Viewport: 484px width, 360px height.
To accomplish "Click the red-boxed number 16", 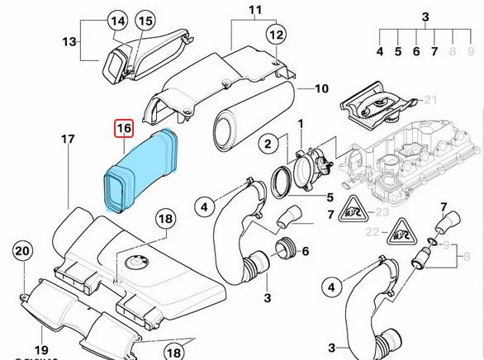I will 124,129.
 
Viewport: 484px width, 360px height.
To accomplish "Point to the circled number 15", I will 145,21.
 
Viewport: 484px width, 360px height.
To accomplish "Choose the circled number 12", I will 275,35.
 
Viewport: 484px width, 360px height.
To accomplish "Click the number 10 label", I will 321,88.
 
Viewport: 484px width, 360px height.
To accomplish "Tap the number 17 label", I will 69,140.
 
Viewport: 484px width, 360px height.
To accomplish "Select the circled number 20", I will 21,251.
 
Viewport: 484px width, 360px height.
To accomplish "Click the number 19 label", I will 40,350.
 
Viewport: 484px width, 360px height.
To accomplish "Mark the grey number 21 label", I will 429,100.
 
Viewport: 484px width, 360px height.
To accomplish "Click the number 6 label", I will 306,251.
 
